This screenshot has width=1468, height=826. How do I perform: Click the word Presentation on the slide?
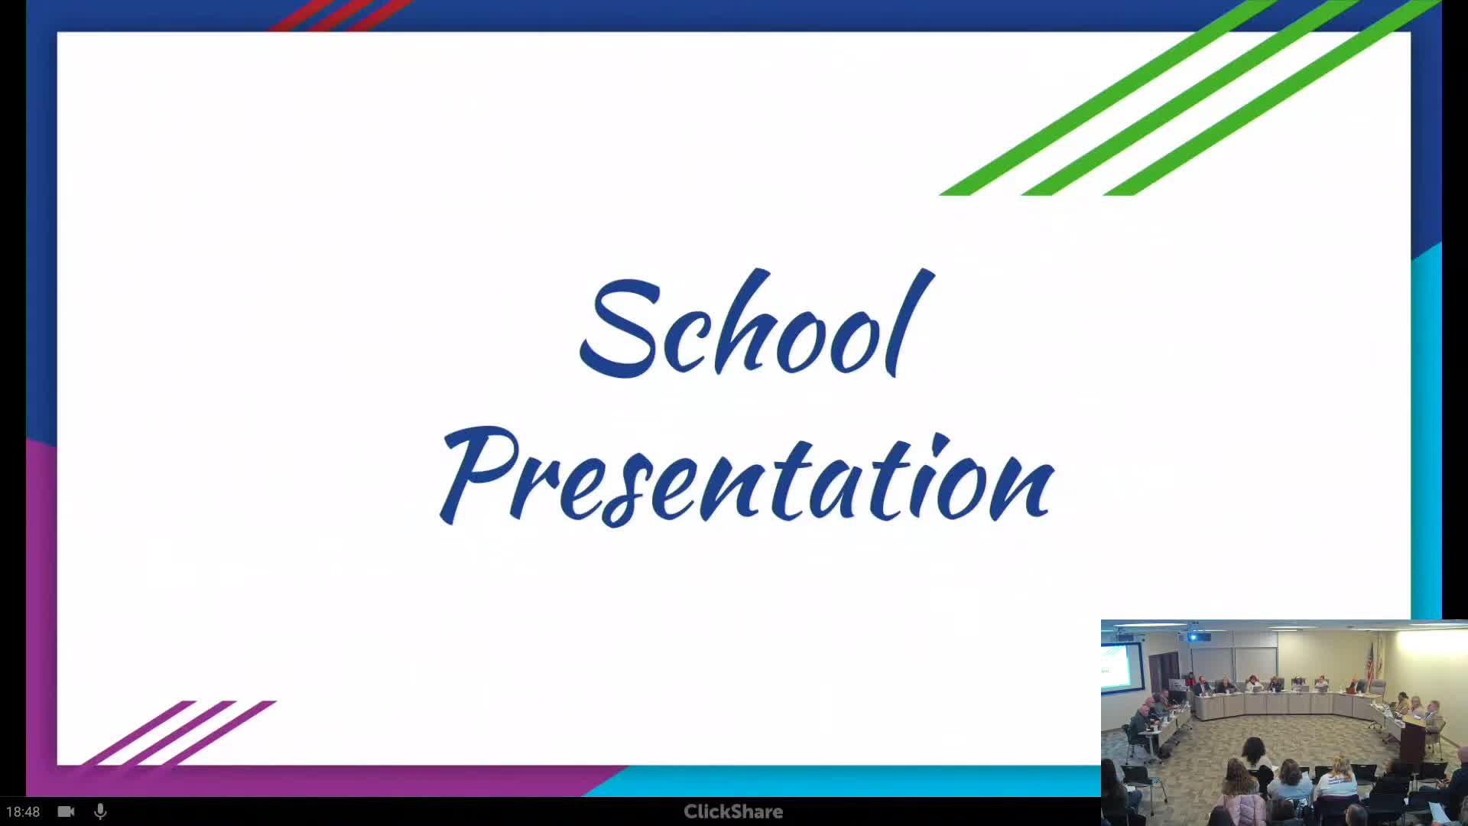click(748, 478)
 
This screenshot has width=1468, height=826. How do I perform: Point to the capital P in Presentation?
click(474, 474)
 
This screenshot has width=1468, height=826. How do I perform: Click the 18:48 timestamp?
click(23, 811)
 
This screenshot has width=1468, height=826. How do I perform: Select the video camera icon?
click(67, 811)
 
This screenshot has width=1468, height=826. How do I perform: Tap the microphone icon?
click(100, 811)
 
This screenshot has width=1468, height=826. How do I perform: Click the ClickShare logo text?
click(733, 811)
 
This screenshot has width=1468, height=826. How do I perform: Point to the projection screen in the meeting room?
click(1119, 664)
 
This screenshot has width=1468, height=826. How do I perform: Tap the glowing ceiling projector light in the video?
click(1193, 637)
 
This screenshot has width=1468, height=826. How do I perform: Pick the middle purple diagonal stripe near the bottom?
click(180, 732)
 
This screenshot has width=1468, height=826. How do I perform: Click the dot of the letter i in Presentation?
click(940, 441)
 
